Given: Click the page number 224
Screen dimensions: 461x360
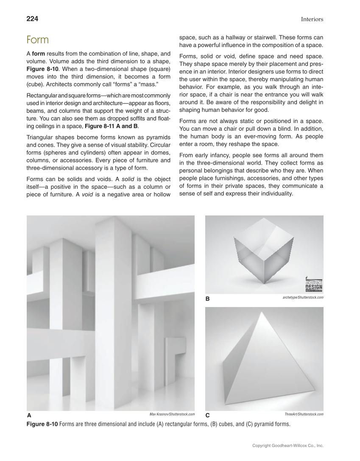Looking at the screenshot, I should tap(32, 19).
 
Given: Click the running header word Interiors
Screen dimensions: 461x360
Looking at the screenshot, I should tap(312, 19).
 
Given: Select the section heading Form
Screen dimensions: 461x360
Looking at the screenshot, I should tap(37, 40).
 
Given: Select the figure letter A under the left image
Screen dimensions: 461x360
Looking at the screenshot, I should tap(29, 415).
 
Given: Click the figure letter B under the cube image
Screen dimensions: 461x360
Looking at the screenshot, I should tap(208, 299).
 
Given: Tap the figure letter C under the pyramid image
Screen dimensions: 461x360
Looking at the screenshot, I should tap(208, 415).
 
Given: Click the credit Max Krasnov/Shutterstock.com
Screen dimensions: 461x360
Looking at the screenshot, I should tap(172, 414).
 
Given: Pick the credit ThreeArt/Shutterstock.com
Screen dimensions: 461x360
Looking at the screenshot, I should tap(304, 414).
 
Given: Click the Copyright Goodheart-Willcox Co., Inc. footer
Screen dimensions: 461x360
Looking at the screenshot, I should tap(288, 446).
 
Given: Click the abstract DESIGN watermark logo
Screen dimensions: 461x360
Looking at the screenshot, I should tap(314, 284).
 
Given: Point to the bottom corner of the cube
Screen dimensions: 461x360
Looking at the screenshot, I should tap(264, 284).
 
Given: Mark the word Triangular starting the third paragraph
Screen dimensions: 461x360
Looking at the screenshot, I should tap(41, 137).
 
